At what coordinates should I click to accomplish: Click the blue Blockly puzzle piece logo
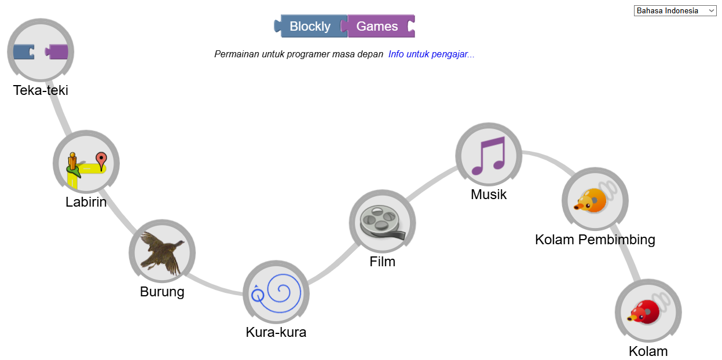click(x=310, y=26)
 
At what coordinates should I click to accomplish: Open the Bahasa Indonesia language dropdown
click(x=675, y=10)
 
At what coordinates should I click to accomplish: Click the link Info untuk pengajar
click(x=431, y=54)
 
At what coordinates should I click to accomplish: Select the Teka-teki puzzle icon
click(x=41, y=52)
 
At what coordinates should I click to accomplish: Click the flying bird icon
click(x=162, y=252)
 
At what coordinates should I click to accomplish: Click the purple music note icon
click(x=489, y=155)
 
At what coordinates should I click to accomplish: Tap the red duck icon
click(x=648, y=311)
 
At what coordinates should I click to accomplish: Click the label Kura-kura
click(x=276, y=332)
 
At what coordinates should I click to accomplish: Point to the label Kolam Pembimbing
click(x=595, y=240)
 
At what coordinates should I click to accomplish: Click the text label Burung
click(x=162, y=292)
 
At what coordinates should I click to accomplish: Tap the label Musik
click(x=489, y=194)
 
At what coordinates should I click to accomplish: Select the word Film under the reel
click(x=382, y=262)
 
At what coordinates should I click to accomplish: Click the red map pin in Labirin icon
click(x=101, y=159)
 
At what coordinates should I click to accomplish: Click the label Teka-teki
click(x=41, y=90)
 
